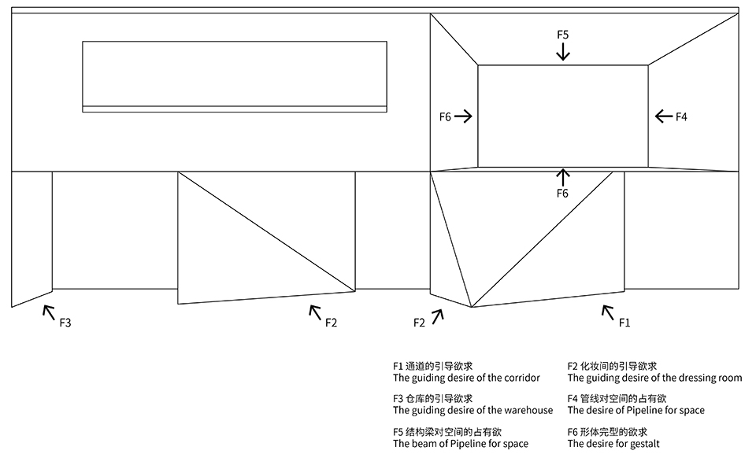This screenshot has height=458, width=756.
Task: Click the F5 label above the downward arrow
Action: pos(562,35)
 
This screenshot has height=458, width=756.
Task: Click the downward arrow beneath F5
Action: pos(562,52)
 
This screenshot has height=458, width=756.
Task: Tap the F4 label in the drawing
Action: pos(681,116)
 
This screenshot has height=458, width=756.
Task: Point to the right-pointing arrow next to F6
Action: pos(463,116)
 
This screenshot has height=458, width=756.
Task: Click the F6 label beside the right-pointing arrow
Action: pos(445,116)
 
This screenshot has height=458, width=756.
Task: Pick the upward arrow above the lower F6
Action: pos(562,176)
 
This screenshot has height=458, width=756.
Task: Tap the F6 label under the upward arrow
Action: pos(562,193)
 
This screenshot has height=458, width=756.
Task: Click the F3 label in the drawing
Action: pos(65,322)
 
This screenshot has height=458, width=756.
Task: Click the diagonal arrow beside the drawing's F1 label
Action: pos(608,312)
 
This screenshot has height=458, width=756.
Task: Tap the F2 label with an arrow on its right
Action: pos(420,322)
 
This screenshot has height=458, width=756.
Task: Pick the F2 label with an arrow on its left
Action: pos(331,322)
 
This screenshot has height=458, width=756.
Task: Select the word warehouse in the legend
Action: pos(528,410)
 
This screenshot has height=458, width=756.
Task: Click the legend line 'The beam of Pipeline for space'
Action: pos(461,444)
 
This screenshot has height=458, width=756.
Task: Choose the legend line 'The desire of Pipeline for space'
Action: pos(636,410)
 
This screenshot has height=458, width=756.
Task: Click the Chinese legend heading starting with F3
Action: pos(432,398)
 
